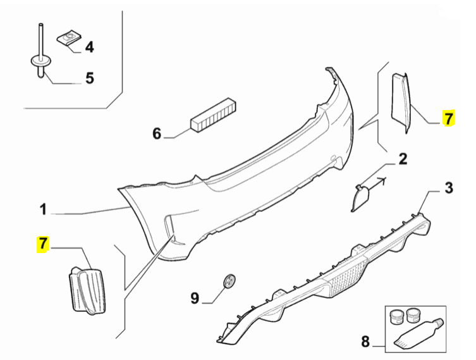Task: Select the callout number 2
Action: (402, 159)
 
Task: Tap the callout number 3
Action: (448, 187)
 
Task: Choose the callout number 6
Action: (157, 133)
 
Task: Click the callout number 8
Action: (365, 342)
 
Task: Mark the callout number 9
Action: (195, 297)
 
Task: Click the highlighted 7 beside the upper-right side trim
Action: (448, 118)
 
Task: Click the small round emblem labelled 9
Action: (229, 280)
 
